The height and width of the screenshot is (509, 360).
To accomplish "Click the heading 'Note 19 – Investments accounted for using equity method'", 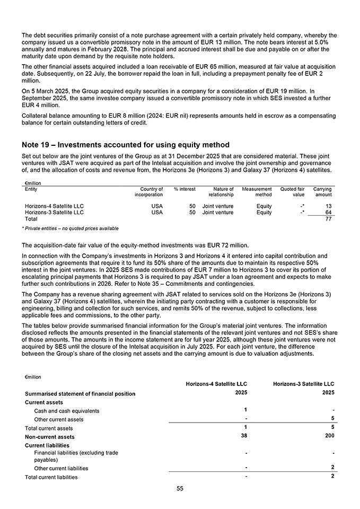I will tap(126, 145).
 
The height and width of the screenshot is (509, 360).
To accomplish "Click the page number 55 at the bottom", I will tap(180, 488).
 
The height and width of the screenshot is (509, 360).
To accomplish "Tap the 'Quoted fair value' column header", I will tap(292, 191).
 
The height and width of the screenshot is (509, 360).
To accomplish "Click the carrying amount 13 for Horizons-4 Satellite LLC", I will tap(328, 206).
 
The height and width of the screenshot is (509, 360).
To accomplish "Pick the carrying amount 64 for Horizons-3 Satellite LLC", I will tap(328, 212).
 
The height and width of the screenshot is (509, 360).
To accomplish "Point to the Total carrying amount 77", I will tap(328, 218).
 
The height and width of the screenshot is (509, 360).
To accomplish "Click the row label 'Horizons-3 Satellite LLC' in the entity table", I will tap(55, 212).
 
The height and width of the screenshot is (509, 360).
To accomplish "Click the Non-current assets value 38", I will tap(243, 436).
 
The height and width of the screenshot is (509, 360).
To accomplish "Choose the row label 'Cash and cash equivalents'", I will tap(66, 411).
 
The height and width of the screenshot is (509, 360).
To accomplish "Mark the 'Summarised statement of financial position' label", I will tap(80, 393).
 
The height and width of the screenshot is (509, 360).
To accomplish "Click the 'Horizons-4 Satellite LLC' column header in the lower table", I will tap(216, 384).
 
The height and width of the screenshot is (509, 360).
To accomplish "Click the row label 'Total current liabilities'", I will tap(51, 477).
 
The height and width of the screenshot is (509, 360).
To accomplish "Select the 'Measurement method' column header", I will tap(257, 191).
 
